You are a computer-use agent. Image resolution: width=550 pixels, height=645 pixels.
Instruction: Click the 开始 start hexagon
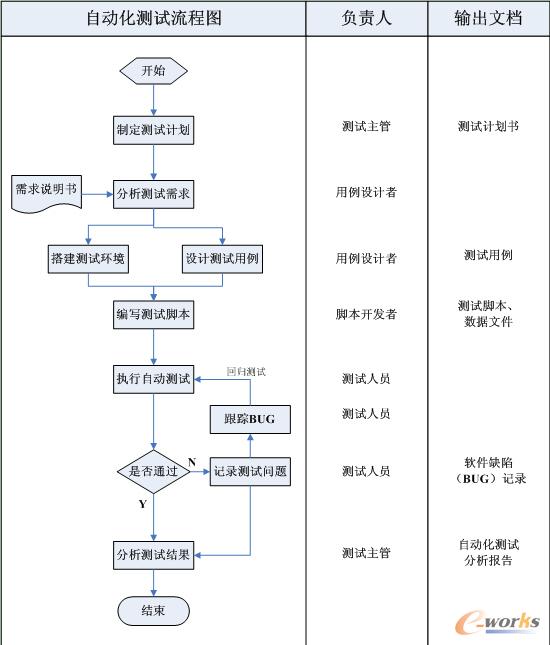click(153, 71)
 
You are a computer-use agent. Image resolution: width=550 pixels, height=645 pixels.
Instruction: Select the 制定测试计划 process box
click(153, 129)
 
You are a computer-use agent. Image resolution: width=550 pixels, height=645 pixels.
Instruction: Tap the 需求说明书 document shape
click(46, 192)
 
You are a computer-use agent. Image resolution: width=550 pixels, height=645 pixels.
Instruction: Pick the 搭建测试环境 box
click(89, 258)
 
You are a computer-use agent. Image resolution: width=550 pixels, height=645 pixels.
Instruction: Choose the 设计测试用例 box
click(222, 258)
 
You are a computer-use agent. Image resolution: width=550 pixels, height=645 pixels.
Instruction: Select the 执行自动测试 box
click(153, 379)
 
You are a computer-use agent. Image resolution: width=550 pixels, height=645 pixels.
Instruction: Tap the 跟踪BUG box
click(249, 419)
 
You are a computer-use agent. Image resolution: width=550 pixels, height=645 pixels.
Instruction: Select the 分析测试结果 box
click(153, 553)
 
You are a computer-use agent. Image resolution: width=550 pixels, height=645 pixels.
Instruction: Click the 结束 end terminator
click(153, 609)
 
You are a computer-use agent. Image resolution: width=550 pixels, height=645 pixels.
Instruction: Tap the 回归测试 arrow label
click(246, 371)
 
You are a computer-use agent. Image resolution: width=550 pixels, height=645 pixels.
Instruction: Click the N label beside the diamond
click(191, 461)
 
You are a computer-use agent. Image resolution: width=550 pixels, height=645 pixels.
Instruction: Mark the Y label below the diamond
click(142, 505)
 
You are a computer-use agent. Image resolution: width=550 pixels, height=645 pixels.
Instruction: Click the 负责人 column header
click(366, 18)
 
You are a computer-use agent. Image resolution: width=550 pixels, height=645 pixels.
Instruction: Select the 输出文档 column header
click(488, 18)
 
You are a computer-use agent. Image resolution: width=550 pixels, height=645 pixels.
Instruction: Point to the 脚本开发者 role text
click(366, 314)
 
